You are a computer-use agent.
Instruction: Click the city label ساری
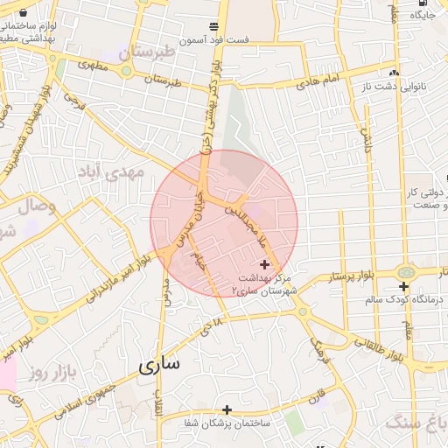[158, 364]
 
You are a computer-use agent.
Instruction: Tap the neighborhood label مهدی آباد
[111, 171]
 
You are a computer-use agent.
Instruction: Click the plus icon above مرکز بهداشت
[265, 262]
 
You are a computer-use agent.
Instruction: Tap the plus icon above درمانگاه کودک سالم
[403, 286]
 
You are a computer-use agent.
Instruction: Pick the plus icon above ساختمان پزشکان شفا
[227, 409]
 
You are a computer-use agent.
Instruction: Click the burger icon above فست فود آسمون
[214, 26]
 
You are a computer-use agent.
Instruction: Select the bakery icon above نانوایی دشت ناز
[395, 73]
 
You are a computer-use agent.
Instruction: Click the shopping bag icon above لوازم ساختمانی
[22, 12]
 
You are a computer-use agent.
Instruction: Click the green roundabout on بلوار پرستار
[405, 272]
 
